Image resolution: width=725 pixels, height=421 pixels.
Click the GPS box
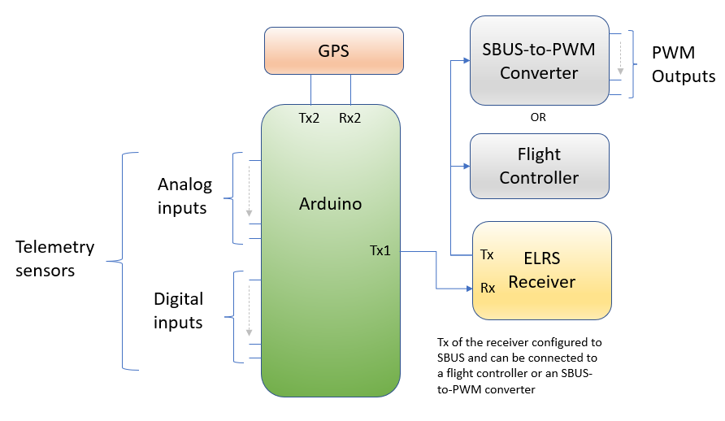point(333,50)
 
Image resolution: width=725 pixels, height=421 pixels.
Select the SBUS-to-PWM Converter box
point(539,61)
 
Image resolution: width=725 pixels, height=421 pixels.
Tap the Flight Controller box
point(539,166)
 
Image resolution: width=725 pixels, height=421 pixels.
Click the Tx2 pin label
point(309,118)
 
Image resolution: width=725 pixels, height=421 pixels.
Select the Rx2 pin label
point(349,118)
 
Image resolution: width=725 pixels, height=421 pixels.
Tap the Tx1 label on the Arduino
point(380,250)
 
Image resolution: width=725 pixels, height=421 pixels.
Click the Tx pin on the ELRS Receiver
point(487,254)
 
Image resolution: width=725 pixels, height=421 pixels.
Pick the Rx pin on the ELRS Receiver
point(488,288)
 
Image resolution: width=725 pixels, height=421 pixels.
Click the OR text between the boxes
point(538,117)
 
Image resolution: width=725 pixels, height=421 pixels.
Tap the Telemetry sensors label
point(55,258)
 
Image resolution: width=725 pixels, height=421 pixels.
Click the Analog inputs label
point(185,196)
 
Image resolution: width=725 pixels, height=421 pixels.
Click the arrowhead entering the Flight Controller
point(466,166)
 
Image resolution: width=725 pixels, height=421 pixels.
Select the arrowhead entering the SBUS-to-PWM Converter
point(466,60)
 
